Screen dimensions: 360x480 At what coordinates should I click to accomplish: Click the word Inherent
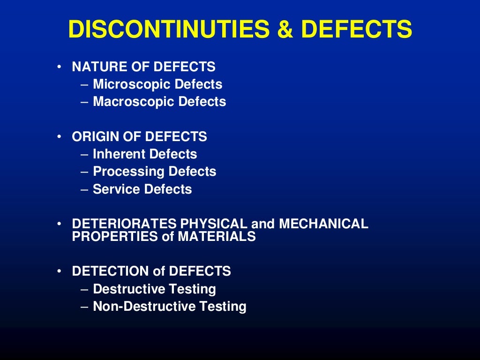point(119,154)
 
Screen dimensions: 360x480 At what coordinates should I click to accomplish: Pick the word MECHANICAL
point(323,224)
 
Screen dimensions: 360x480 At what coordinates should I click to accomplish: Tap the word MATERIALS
point(217,237)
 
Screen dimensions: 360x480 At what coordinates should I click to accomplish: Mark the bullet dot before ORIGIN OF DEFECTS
point(60,137)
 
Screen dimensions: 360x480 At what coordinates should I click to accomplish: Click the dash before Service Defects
point(84,190)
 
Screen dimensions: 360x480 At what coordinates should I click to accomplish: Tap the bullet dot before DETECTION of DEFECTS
point(60,271)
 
